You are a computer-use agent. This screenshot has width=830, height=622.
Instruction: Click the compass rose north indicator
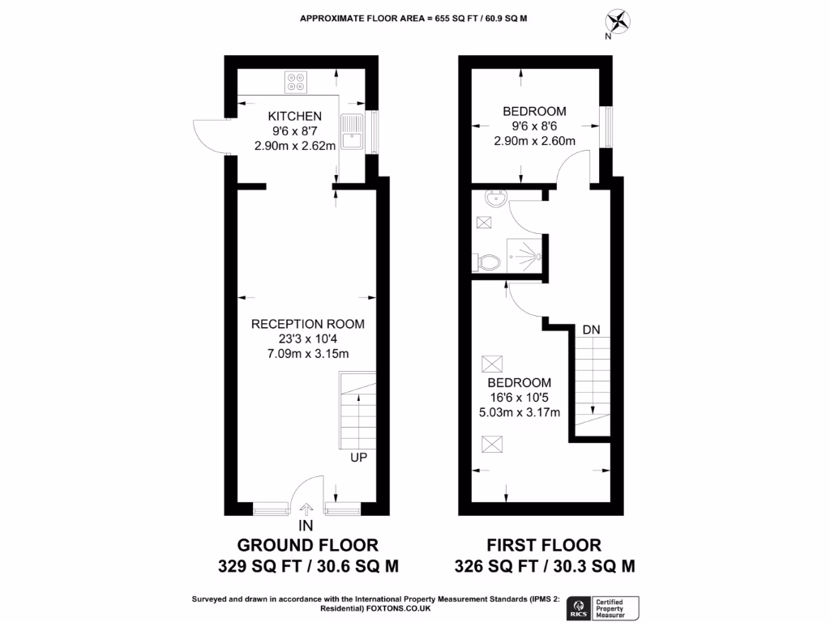point(620,20)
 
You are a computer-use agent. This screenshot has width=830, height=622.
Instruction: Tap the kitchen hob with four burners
point(296,81)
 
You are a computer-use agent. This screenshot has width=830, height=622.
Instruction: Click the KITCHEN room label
point(295,117)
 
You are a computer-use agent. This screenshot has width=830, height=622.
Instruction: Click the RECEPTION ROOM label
point(307,324)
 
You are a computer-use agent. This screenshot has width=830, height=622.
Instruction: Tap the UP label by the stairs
point(359,458)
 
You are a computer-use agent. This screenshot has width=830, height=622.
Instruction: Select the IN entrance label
point(306,526)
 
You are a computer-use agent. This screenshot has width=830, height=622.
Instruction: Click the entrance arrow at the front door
point(306,509)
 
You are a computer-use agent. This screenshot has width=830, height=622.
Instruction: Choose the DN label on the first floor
point(592,330)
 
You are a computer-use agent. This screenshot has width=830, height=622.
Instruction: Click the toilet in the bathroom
point(488,261)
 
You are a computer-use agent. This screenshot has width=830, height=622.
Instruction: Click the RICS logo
point(580,605)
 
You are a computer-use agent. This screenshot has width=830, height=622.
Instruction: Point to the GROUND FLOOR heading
point(307,545)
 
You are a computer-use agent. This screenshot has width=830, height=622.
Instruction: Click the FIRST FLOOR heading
point(544,545)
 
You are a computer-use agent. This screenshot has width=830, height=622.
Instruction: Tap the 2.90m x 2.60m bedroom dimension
point(534,140)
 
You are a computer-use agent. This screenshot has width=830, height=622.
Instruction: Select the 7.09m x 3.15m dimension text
point(307,353)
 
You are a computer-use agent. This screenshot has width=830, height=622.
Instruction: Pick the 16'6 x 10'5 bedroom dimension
point(520,397)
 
